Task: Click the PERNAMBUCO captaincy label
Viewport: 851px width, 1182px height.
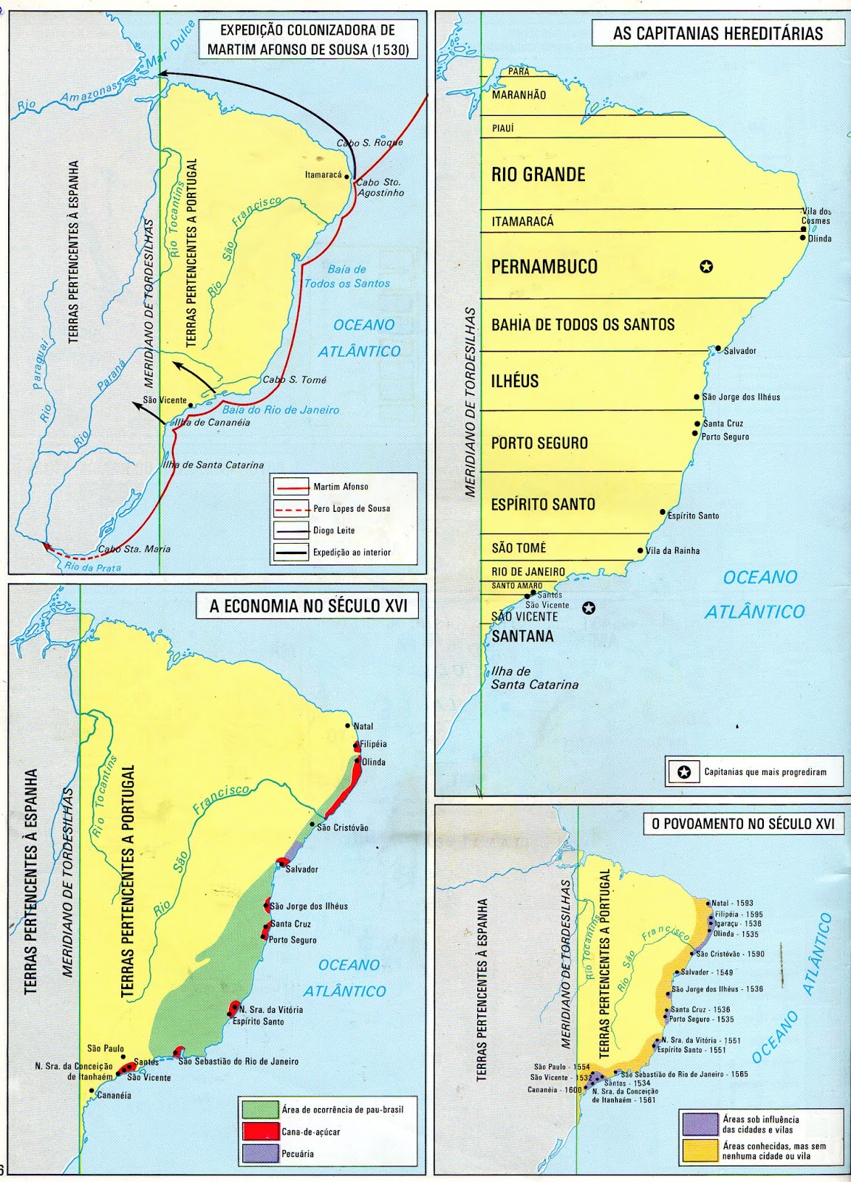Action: pyautogui.click(x=544, y=267)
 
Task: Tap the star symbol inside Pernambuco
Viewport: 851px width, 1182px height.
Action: pyautogui.click(x=706, y=266)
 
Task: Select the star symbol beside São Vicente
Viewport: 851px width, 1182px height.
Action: pyautogui.click(x=588, y=608)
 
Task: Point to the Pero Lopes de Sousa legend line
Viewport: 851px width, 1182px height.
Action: pyautogui.click(x=290, y=508)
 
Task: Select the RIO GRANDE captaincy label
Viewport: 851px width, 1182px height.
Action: pyautogui.click(x=538, y=174)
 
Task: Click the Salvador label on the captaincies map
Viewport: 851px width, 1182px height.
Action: pyautogui.click(x=739, y=351)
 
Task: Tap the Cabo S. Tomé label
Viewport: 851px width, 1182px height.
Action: pyautogui.click(x=294, y=380)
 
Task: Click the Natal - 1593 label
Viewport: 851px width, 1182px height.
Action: pyautogui.click(x=732, y=903)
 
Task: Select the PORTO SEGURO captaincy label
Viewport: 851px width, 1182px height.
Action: pyautogui.click(x=539, y=443)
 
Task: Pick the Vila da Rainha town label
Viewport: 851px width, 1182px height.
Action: pyautogui.click(x=672, y=550)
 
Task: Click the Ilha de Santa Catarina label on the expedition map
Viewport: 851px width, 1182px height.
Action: pyautogui.click(x=213, y=465)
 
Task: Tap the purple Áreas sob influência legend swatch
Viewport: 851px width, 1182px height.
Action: pyautogui.click(x=700, y=1124)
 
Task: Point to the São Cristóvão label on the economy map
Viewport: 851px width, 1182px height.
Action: pyautogui.click(x=342, y=827)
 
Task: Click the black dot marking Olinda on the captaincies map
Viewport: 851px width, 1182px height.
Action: pyautogui.click(x=803, y=238)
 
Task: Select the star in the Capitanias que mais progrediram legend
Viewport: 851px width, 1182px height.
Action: pyautogui.click(x=684, y=772)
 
